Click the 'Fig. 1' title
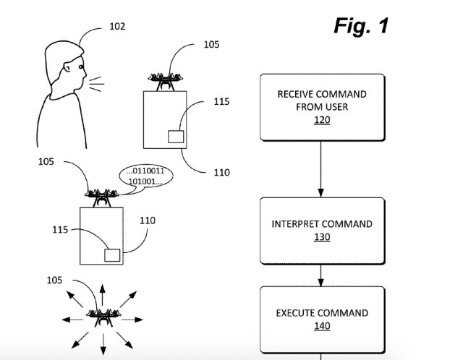(361, 25)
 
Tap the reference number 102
(116, 27)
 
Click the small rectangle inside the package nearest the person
(176, 136)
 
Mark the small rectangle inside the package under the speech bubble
(111, 254)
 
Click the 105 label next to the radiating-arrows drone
(55, 280)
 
